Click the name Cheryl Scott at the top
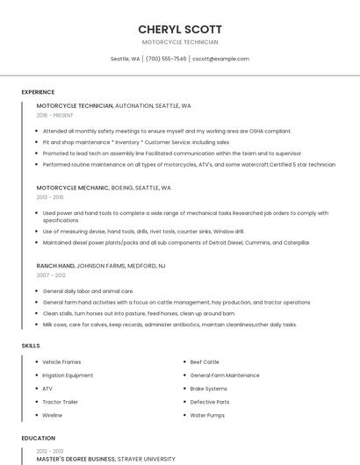click(x=180, y=29)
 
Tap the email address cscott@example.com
click(x=220, y=59)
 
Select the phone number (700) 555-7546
click(x=166, y=59)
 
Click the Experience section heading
click(x=38, y=92)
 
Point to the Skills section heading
click(x=31, y=346)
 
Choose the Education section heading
click(x=38, y=438)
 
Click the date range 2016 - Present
click(x=55, y=115)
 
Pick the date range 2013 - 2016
click(x=50, y=197)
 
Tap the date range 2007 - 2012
click(x=51, y=275)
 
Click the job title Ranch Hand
click(x=55, y=265)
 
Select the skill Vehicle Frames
click(x=61, y=361)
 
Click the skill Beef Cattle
click(x=205, y=361)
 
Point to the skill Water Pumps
click(x=208, y=415)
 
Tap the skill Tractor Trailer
click(x=60, y=402)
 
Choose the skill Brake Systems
click(x=209, y=389)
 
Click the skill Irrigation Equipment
click(x=68, y=375)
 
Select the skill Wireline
click(x=53, y=415)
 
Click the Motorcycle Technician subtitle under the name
click(x=180, y=42)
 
